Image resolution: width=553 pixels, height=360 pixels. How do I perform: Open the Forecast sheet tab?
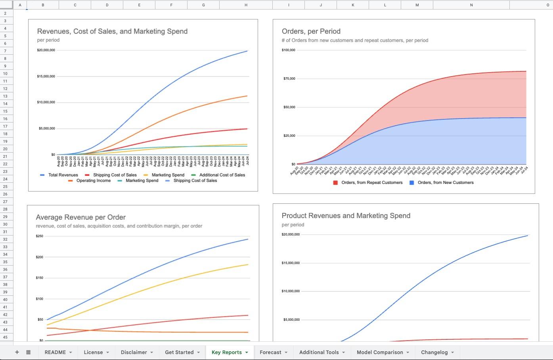coord(270,352)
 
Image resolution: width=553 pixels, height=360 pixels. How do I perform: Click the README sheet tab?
coord(55,352)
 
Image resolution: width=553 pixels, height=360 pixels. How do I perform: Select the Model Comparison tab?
coord(380,352)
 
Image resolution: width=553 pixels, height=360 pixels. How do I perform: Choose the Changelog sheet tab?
coord(434,352)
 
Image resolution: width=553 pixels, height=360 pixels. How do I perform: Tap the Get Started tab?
coord(179,352)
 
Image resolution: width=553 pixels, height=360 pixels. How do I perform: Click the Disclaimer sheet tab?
coord(134,352)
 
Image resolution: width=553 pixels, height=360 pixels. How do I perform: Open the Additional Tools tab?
coord(319,352)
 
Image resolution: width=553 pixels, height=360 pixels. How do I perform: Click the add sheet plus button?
coord(17,352)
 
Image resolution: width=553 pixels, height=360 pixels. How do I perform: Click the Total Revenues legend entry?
coord(63,175)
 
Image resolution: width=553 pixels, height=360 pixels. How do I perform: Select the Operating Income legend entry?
coord(93,180)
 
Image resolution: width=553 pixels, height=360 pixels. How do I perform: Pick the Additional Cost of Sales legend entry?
coord(222,175)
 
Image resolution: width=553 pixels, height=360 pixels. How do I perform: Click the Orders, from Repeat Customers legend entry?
coord(371,182)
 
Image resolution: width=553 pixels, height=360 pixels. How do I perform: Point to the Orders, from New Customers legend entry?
coord(445,182)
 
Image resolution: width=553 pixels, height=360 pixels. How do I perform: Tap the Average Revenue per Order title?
coord(81,217)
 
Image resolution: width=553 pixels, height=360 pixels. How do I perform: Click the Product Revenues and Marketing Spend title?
coord(346,216)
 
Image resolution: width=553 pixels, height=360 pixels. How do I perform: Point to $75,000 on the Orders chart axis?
coord(289,79)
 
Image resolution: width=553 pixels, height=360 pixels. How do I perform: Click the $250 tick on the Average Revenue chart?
coord(40,236)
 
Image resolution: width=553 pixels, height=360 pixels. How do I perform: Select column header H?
coord(246,5)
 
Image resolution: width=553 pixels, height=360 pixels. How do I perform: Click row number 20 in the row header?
coord(6,149)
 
